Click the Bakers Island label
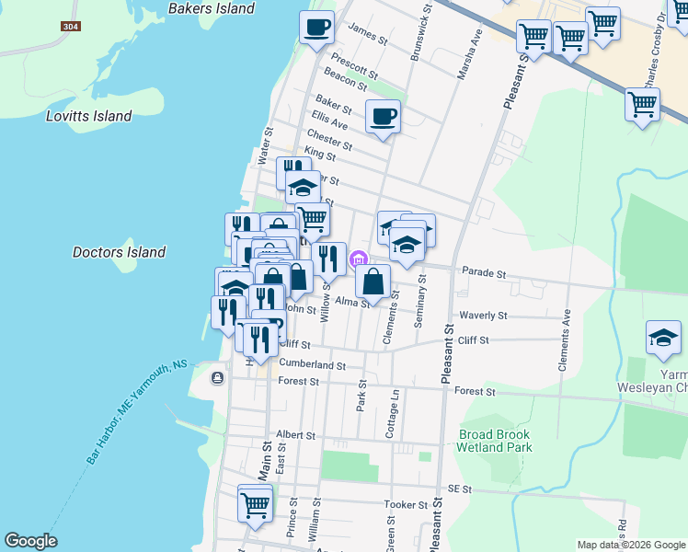[212, 9]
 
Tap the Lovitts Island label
[89, 117]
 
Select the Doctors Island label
[119, 252]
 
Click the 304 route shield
[70, 27]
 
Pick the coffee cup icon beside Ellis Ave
[384, 117]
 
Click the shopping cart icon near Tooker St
[255, 502]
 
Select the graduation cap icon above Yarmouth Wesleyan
[662, 338]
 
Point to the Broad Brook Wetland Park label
[494, 440]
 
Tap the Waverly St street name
[484, 316]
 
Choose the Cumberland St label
[312, 364]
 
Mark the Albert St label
[295, 435]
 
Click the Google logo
[30, 541]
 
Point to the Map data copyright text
[630, 545]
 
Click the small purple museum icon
[359, 258]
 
